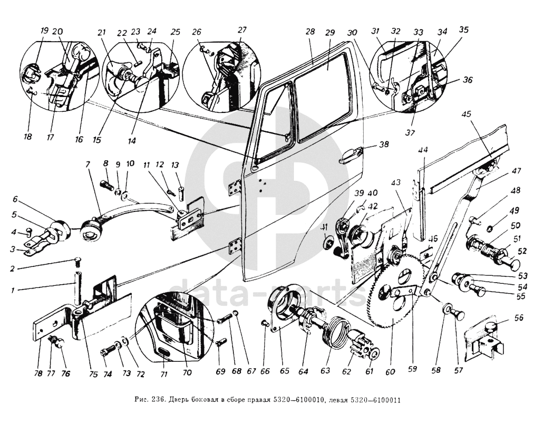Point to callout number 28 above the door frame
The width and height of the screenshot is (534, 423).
tap(309, 32)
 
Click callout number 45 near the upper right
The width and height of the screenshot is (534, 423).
tap(465, 113)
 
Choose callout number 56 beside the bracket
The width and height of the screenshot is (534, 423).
tap(504, 318)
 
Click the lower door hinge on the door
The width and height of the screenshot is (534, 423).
tap(236, 247)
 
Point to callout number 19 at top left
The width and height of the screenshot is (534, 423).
tap(44, 30)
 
